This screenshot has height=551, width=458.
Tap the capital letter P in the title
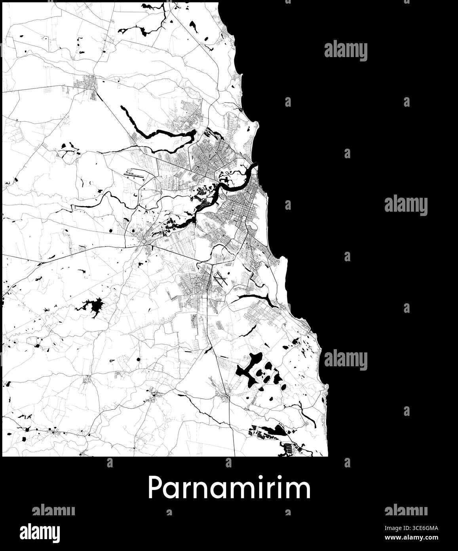(x=155, y=488)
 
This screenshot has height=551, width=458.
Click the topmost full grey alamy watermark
(x=346, y=51)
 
